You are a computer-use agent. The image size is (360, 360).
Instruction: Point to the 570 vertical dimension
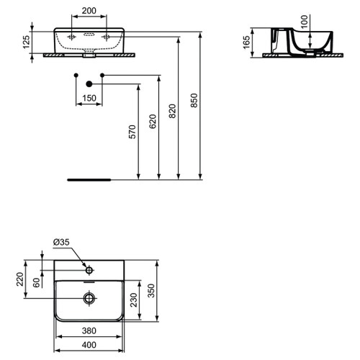pyautogui.click(x=132, y=132)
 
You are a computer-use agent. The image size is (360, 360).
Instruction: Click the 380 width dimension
pyautogui.click(x=89, y=331)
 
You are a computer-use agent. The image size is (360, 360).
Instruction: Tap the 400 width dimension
pyautogui.click(x=89, y=346)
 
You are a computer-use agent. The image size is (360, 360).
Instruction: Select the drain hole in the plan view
pyautogui.click(x=89, y=297)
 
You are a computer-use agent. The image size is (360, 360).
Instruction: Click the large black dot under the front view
pyautogui.click(x=89, y=85)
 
